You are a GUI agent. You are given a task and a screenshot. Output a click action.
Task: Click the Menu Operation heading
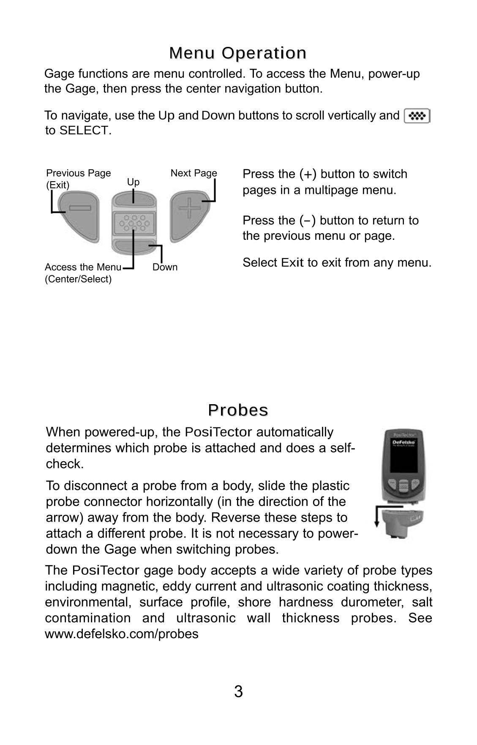coord(238,53)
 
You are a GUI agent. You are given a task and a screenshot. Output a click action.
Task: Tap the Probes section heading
coord(238,410)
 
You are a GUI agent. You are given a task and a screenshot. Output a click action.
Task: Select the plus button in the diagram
coord(189,216)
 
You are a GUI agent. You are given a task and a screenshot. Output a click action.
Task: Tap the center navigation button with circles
coord(134,223)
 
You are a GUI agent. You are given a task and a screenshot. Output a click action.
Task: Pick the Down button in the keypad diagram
coord(133,247)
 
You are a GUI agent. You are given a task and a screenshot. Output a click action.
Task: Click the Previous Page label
coord(79,173)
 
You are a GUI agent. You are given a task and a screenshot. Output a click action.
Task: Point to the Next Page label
coord(194,173)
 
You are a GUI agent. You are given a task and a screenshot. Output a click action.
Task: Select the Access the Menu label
coord(83,267)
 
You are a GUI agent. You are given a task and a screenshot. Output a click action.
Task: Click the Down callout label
coord(165,267)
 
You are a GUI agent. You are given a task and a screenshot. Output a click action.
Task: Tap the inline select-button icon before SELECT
coord(417,116)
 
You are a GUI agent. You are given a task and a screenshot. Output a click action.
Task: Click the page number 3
coord(238,691)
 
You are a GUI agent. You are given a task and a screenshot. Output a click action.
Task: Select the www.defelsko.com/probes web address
coord(122,634)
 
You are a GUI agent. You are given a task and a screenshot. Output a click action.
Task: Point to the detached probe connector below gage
coord(403,523)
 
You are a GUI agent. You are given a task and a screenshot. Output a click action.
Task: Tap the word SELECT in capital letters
coord(85,131)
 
